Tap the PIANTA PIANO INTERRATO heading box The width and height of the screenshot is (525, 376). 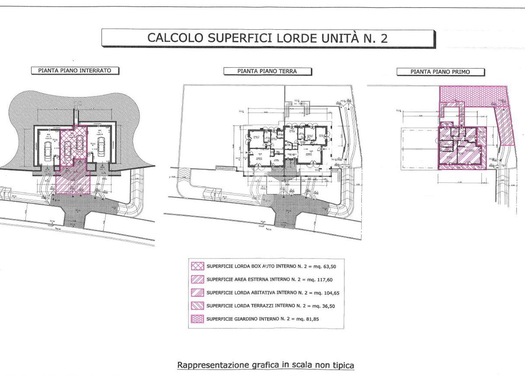[x=74, y=70]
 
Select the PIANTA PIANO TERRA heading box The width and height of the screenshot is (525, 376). [x=267, y=71]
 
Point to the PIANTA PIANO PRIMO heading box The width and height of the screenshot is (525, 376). [x=440, y=72]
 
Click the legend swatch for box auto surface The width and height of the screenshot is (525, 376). [x=197, y=266]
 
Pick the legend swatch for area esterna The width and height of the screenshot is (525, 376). [x=197, y=279]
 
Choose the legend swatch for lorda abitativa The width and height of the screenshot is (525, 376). [x=197, y=292]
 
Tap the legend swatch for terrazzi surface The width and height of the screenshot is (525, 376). [x=197, y=306]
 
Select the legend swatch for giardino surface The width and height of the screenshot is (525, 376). [x=197, y=319]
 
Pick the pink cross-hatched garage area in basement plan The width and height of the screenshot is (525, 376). [x=73, y=144]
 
